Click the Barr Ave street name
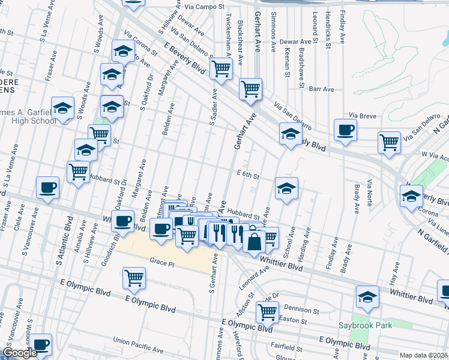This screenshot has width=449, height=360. pyautogui.click(x=321, y=89)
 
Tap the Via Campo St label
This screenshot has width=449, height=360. pyautogui.click(x=203, y=7)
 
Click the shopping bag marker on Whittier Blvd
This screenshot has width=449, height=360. pyautogui.click(x=254, y=241)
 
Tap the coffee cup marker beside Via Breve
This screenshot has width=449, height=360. pyautogui.click(x=345, y=130)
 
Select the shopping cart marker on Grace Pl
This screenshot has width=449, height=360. pyautogui.click(x=134, y=278)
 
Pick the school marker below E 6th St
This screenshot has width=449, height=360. pyautogui.click(x=286, y=190)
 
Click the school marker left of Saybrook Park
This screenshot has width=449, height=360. pyautogui.click(x=367, y=297)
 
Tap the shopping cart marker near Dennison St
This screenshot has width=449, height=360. pyautogui.click(x=267, y=311)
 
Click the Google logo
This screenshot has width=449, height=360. pyautogui.click(x=20, y=353)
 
